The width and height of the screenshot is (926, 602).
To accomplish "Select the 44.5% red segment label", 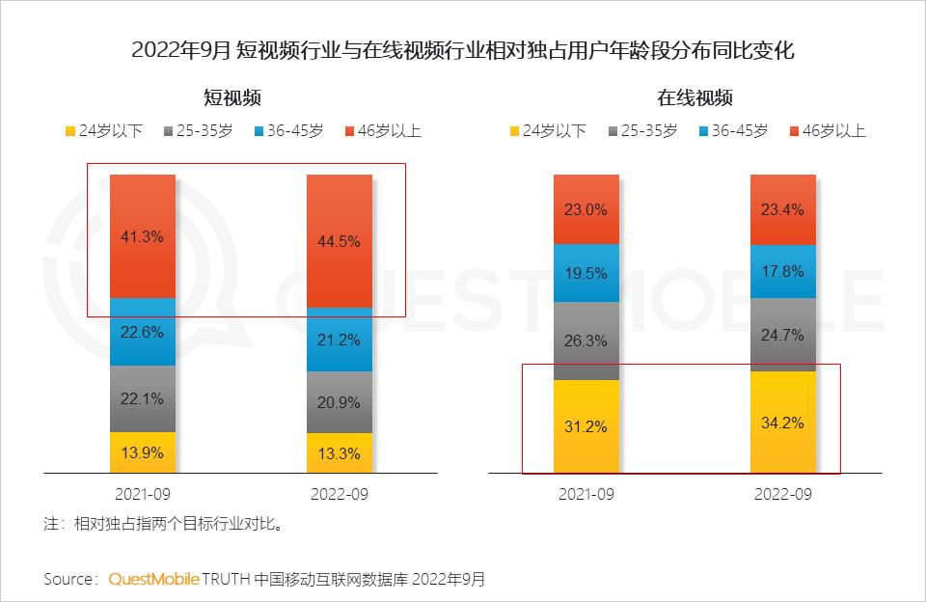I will coord(339,241).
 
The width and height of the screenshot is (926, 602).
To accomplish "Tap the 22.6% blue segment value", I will coord(143,332).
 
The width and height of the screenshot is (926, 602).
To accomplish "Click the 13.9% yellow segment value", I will coord(143,452).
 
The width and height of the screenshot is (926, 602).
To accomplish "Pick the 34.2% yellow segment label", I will coord(782,423).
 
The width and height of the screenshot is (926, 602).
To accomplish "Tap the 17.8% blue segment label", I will coord(782,271).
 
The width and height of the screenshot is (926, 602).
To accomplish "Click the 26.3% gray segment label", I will coord(586,340).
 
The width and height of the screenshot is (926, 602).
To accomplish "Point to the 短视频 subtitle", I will coord(231,97).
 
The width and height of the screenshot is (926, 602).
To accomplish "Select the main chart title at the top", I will coord(463,50).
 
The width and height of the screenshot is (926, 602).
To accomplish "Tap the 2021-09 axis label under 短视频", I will coord(143,494).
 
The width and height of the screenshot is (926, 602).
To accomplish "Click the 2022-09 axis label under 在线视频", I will coord(782,494).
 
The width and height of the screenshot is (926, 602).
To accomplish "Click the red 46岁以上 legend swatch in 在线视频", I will coord(795,130).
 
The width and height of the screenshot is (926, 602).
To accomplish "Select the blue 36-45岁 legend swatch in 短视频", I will coord(258,130).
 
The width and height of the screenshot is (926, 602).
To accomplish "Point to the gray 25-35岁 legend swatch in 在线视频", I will coord(613,130).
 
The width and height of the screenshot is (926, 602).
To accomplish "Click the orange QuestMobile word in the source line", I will coord(153,579).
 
